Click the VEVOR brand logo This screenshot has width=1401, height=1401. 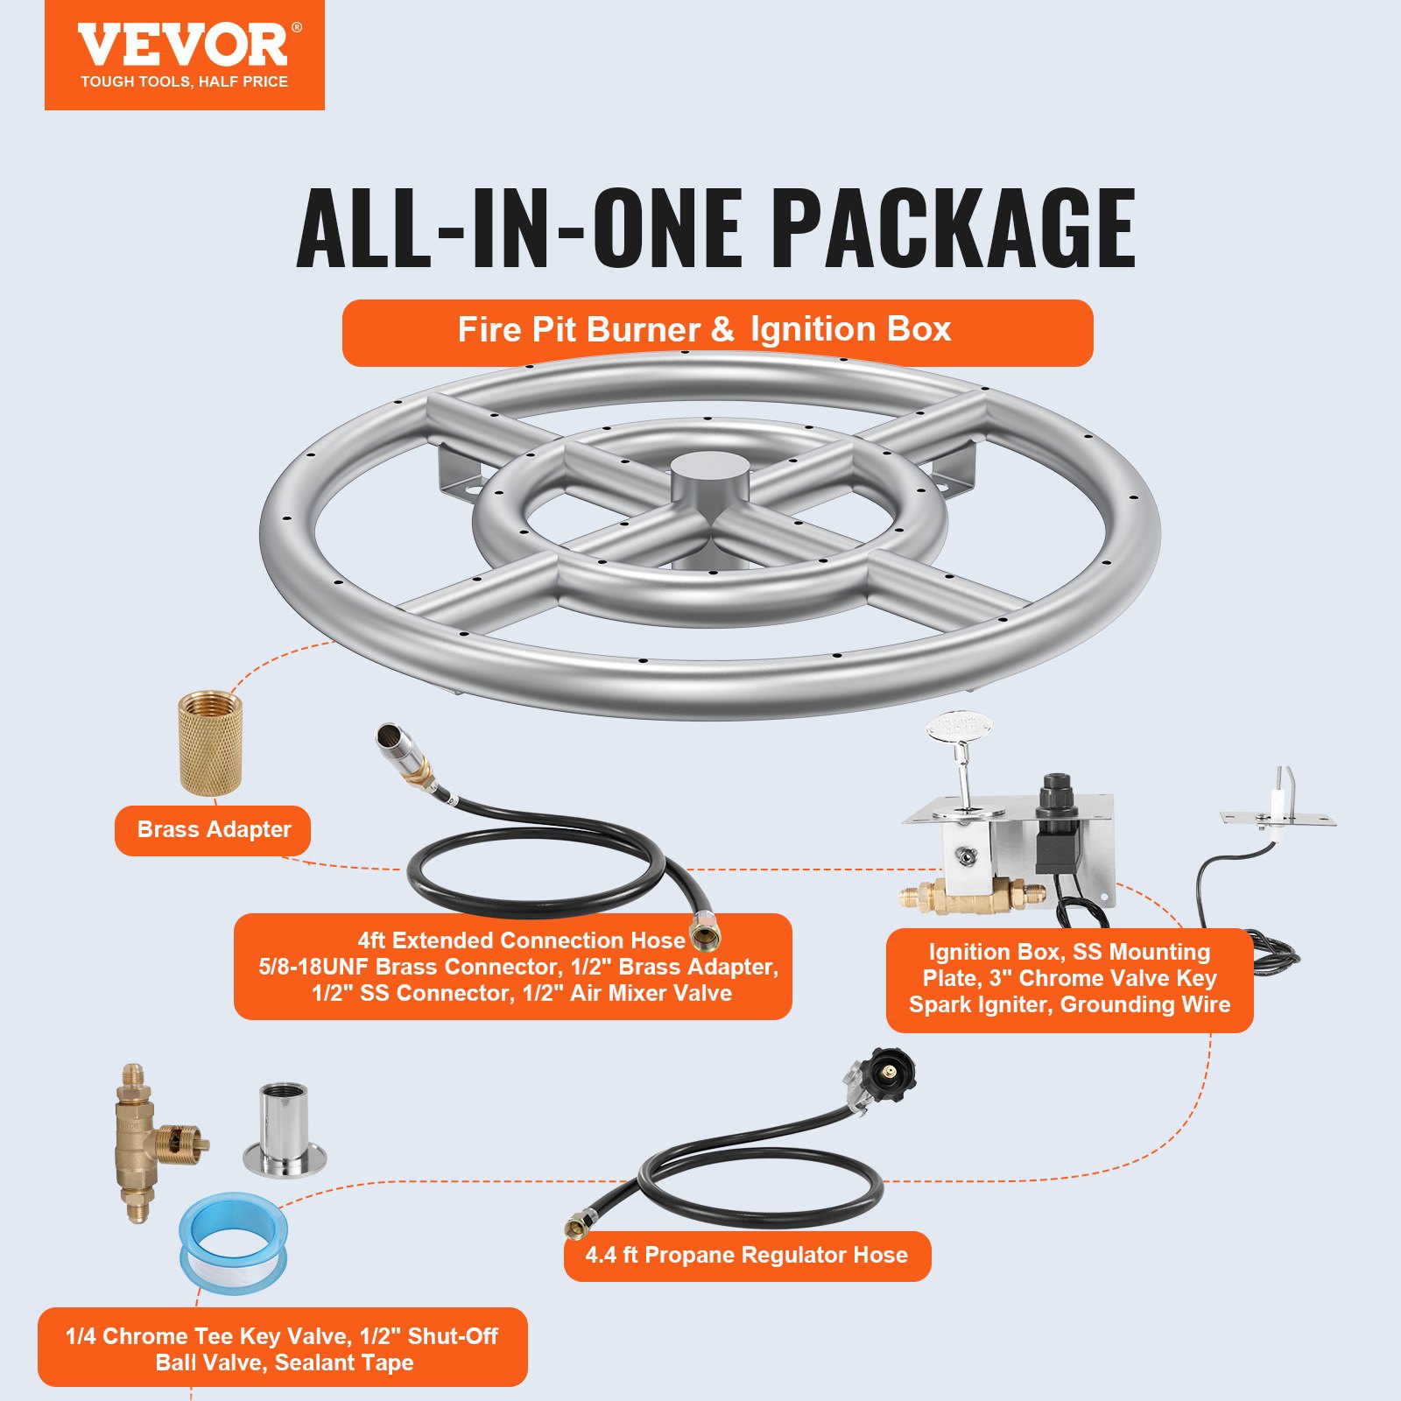point(184,46)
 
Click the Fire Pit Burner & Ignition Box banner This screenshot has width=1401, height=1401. point(716,331)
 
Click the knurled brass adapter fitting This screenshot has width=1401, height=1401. point(211,742)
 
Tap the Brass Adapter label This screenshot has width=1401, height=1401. point(213,829)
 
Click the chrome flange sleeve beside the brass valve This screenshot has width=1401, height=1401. point(284,1130)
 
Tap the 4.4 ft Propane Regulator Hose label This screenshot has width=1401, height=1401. point(746,1255)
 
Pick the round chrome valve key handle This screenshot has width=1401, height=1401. point(960,729)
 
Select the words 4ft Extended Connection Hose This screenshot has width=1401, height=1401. point(521,940)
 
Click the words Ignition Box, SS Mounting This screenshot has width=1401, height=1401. point(1069,952)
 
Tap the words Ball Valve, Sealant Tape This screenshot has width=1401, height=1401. point(284,1362)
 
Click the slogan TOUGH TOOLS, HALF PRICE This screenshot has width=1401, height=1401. point(184,81)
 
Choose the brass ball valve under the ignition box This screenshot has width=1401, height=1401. point(970,895)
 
